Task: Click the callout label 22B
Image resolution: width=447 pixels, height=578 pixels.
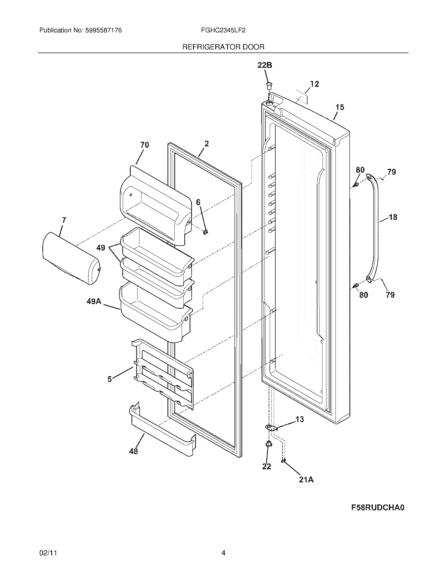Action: click(x=265, y=65)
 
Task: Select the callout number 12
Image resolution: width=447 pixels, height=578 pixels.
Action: click(x=314, y=84)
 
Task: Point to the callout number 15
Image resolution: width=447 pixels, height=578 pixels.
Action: click(x=340, y=107)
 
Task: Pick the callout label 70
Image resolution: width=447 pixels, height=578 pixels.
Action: click(x=145, y=145)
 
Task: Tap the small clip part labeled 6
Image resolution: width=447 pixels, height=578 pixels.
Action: click(x=206, y=232)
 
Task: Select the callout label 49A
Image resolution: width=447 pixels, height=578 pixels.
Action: click(x=94, y=301)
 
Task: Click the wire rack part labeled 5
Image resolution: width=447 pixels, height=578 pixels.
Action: click(x=164, y=376)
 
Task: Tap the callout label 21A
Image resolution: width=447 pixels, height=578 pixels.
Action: click(x=306, y=479)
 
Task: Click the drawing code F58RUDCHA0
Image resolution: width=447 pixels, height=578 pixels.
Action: click(x=378, y=508)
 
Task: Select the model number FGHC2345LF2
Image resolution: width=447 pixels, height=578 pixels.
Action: click(x=223, y=30)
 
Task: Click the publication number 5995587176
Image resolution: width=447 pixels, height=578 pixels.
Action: click(x=103, y=30)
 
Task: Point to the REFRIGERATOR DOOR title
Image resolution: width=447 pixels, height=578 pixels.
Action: click(x=223, y=47)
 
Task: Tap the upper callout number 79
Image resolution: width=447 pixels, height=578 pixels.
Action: click(x=392, y=172)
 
